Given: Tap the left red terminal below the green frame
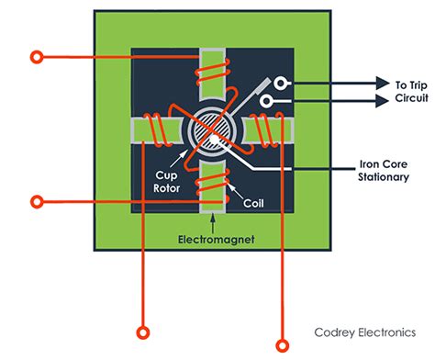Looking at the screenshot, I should (142, 332).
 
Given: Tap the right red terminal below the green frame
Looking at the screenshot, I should (281, 332).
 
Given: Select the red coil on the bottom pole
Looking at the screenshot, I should (213, 187).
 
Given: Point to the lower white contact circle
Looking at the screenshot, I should (266, 102).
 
